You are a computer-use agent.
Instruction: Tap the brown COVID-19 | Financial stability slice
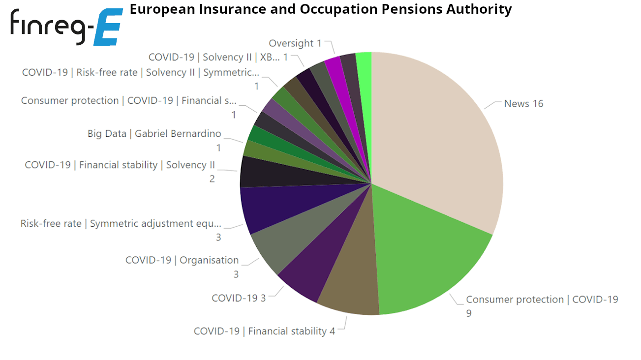[352, 290]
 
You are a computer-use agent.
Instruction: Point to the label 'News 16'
[523, 104]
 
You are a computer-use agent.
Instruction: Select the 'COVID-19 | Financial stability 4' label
[264, 331]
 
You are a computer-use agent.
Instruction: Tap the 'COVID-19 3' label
[239, 298]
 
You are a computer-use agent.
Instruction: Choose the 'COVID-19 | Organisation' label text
[182, 260]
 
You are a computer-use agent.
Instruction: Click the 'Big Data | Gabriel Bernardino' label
[154, 134]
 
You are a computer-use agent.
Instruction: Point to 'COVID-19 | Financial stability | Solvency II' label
[120, 165]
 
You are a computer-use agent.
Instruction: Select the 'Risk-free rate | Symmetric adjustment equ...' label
[121, 224]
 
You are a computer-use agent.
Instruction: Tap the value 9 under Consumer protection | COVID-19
[469, 313]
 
